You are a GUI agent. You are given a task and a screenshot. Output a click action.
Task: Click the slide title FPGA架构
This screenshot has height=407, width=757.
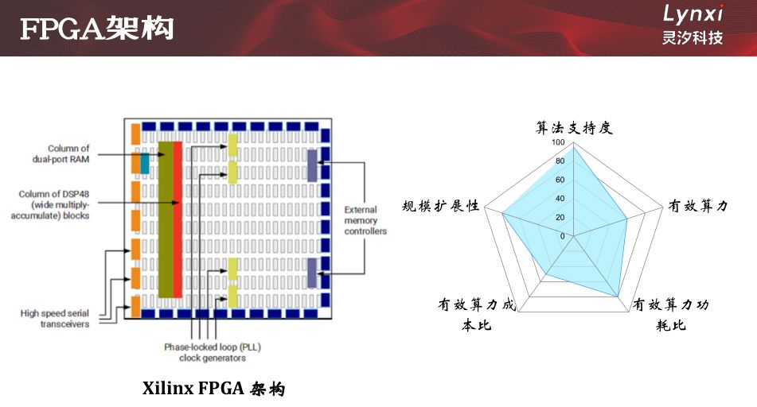(96, 29)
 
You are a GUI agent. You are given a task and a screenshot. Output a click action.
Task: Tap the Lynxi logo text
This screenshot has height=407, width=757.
(693, 14)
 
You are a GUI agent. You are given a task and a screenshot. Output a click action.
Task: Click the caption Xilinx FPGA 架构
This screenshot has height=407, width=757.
(213, 389)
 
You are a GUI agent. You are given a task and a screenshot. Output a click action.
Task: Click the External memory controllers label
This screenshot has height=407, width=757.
(365, 220)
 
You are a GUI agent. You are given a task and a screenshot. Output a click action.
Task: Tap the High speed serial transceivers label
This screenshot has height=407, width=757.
(55, 319)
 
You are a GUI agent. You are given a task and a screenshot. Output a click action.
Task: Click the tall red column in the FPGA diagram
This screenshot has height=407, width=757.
(178, 219)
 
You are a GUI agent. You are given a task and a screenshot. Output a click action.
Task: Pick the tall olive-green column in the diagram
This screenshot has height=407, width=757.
(165, 219)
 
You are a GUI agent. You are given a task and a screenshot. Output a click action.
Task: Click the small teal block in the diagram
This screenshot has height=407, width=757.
(145, 163)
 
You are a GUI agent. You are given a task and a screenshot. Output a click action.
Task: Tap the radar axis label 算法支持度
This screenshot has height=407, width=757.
(574, 128)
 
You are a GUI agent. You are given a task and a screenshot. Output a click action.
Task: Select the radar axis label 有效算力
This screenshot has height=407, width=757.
(697, 206)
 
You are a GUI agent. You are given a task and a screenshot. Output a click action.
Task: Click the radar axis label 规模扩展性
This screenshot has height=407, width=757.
(441, 206)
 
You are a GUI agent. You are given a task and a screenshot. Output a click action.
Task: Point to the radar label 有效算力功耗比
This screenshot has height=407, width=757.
(670, 315)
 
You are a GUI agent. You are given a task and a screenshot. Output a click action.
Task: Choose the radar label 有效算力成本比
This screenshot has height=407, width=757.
(477, 315)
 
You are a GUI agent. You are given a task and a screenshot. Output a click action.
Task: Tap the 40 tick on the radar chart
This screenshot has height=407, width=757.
(560, 199)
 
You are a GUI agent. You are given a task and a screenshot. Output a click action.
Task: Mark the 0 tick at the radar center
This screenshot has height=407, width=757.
(562, 236)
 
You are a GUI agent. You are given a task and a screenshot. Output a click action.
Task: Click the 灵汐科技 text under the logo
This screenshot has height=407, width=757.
(693, 37)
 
